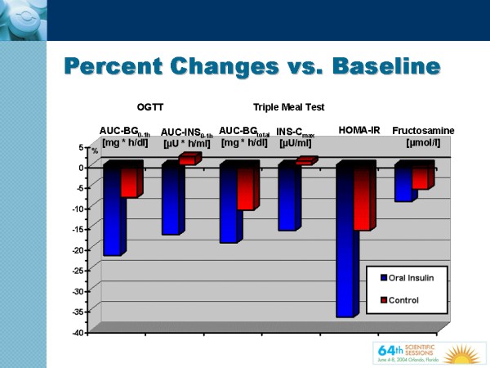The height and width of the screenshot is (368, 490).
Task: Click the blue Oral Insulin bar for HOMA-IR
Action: [344, 241]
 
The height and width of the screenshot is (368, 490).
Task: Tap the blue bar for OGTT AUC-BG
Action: [111, 211]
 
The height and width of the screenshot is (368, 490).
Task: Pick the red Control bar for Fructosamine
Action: [420, 177]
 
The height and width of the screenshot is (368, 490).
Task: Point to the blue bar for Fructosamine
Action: [403, 184]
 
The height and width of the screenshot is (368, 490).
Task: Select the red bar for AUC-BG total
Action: [245, 188]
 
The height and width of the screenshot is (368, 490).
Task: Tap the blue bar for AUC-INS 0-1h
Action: [170, 200]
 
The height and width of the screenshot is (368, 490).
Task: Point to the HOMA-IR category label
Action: [360, 130]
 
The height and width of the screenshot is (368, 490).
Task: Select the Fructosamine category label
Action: [423, 130]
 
